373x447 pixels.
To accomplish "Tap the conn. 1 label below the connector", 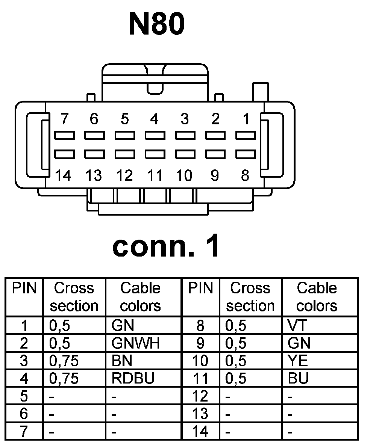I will [x=166, y=246].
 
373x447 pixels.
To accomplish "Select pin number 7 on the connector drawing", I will [x=64, y=119].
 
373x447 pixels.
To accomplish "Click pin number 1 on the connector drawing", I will [x=246, y=119].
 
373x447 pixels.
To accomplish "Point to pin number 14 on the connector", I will [x=63, y=175].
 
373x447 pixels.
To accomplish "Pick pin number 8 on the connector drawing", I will [x=245, y=175].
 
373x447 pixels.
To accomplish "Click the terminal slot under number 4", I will [x=155, y=135].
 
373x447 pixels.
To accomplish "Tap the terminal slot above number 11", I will [x=155, y=154].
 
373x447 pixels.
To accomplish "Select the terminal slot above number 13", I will [x=94, y=154].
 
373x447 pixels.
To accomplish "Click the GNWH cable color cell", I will [x=135, y=343].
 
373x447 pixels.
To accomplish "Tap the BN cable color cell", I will [x=122, y=361].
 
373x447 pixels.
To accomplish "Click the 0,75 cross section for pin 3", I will [x=64, y=361].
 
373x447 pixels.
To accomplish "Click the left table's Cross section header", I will [x=74, y=297].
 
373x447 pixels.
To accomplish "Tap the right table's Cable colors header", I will [x=317, y=297].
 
